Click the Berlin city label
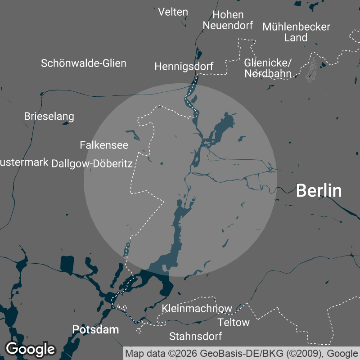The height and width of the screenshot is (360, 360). (319, 191)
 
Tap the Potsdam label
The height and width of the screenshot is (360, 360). (95, 329)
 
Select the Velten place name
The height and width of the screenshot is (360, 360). (173, 12)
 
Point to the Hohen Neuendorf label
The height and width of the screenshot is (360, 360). (228, 20)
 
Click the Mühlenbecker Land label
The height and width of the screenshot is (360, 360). (296, 32)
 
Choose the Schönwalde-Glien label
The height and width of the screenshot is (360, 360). (84, 63)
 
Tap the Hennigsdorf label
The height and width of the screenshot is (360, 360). (184, 67)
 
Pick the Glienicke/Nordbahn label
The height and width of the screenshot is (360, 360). (268, 67)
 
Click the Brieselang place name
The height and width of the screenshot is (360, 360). (49, 117)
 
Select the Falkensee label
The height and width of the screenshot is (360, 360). (104, 145)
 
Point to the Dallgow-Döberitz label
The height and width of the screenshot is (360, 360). (92, 163)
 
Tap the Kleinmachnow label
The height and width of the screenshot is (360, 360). (197, 309)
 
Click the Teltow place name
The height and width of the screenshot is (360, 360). (234, 322)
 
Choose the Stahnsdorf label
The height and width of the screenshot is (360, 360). (195, 336)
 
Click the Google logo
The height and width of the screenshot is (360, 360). (30, 349)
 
